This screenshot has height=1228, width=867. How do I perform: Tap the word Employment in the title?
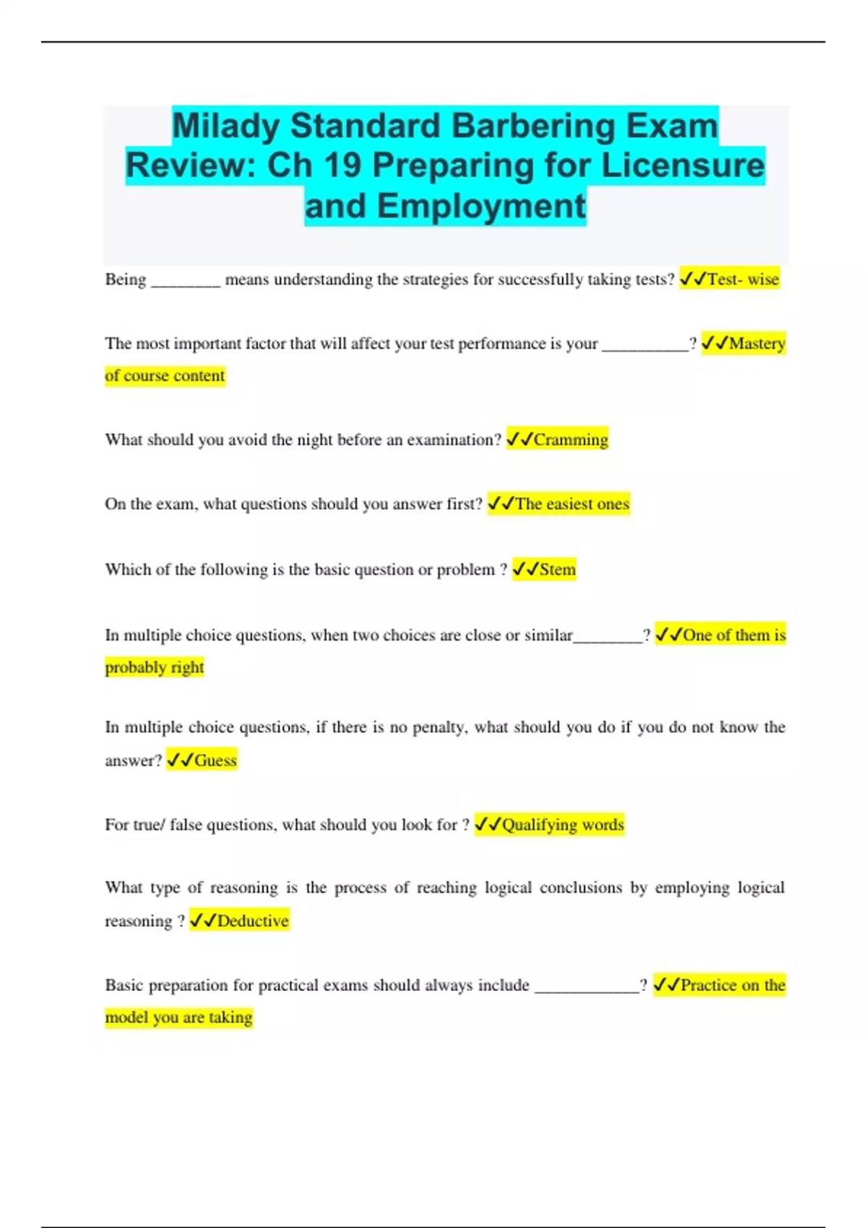(x=480, y=206)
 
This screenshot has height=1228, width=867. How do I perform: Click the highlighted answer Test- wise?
(x=743, y=279)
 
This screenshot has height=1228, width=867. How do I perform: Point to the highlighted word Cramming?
(x=571, y=439)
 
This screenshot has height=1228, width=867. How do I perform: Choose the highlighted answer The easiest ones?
(x=571, y=503)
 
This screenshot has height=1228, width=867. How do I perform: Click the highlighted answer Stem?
(x=557, y=569)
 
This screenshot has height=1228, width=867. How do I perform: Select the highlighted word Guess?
(x=215, y=760)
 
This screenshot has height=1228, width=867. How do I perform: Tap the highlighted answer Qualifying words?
(x=562, y=824)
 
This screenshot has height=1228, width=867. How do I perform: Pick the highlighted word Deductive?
(x=252, y=920)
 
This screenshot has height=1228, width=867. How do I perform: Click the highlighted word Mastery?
(x=756, y=343)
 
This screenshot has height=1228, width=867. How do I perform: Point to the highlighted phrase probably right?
(x=155, y=667)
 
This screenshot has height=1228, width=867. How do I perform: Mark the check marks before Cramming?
(x=519, y=439)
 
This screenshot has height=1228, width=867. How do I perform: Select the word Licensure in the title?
(x=683, y=165)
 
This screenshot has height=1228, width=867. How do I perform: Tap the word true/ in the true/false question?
(x=149, y=824)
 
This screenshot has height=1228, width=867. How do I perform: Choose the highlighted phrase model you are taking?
(x=178, y=1017)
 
